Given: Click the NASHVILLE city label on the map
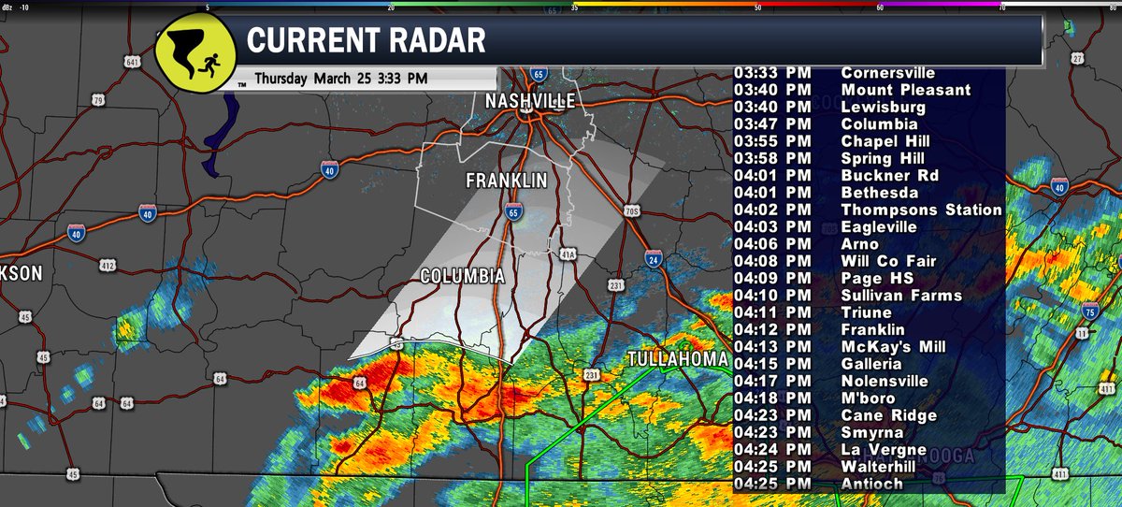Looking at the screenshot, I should tap(529, 101).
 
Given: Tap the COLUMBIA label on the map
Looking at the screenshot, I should tap(463, 277).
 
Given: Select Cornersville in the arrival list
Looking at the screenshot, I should tap(887, 73).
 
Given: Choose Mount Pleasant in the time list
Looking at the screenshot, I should tap(905, 90).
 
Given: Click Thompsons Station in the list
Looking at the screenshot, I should tap(921, 210).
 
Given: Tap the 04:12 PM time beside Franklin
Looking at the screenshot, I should tap(772, 329).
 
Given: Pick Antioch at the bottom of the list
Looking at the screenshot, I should tap(871, 484).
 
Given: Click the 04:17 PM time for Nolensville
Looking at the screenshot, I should tap(772, 381).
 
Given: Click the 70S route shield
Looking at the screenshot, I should tap(630, 211).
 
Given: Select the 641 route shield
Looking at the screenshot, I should tap(135, 62).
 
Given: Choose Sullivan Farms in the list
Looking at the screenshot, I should tap(900, 296).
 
